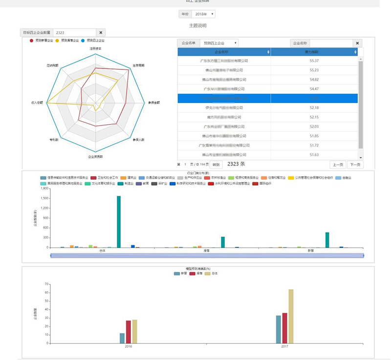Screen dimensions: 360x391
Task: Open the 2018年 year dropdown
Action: pos(203,14)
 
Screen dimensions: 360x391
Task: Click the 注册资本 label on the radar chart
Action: pos(95,48)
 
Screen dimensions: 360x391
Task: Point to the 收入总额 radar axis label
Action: pos(37,103)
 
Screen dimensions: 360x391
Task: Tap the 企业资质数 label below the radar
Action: pos(95,156)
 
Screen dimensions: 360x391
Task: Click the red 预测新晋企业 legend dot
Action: pos(32,41)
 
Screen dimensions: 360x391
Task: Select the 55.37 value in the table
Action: pos(314,61)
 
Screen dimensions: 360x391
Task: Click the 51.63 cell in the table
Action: pos(314,154)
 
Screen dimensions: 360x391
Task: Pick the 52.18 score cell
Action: pos(314,107)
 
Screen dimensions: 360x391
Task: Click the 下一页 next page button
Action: pos(355,165)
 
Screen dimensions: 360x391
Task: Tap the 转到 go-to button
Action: pos(216,165)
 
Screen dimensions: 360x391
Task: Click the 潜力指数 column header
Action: pos(314,51)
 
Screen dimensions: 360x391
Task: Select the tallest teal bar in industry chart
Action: pos(119,222)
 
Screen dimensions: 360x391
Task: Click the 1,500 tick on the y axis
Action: pos(44,198)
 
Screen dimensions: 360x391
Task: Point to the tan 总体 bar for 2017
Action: pos(291,316)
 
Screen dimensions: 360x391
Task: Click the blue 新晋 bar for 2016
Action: pos(122,338)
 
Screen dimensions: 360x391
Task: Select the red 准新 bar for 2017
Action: pos(284,328)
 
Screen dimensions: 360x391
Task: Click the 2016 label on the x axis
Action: pos(129,346)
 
